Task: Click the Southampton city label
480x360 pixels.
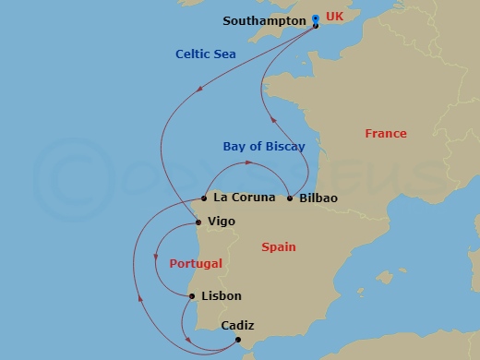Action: (265, 20)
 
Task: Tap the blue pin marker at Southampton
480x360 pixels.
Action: (316, 18)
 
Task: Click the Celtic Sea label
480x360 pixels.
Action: (205, 54)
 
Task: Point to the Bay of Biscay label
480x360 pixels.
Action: (263, 146)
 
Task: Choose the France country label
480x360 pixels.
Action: (385, 134)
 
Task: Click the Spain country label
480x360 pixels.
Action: (278, 247)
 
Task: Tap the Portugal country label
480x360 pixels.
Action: (196, 264)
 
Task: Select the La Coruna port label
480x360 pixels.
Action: (244, 198)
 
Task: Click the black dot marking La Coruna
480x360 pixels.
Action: (204, 198)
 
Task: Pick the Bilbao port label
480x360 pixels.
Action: (318, 198)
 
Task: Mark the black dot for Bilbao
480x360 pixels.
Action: (290, 198)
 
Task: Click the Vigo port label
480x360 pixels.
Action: (222, 222)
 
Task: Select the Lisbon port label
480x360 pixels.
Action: (221, 296)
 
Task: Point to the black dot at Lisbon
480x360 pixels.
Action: (191, 296)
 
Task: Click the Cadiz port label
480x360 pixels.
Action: (237, 326)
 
